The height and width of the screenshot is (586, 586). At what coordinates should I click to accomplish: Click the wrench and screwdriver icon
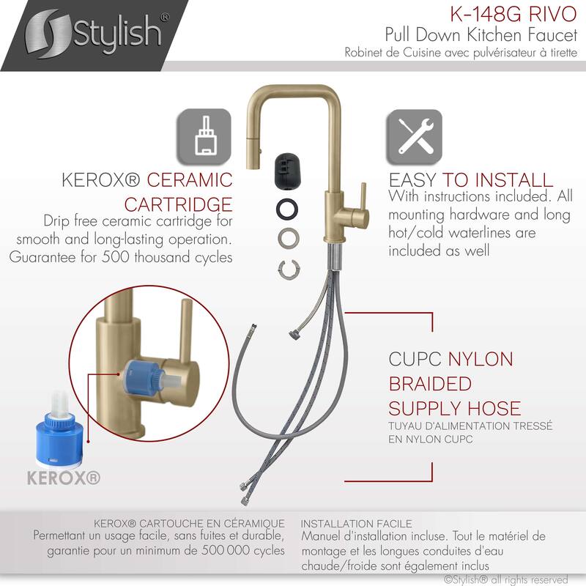415,137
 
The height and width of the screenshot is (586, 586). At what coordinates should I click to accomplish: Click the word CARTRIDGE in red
178,203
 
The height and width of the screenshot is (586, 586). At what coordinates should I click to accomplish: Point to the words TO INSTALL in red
502,179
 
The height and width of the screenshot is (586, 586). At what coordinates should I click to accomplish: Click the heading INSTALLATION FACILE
357,524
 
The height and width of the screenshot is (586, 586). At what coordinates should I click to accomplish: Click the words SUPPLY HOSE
455,408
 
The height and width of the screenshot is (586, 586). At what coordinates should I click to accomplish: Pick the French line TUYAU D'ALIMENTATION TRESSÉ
470,426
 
